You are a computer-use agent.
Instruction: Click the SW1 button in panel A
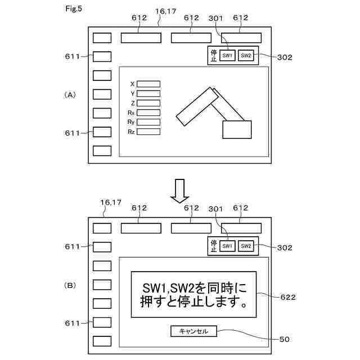click(227, 55)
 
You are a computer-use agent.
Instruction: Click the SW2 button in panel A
click(246, 55)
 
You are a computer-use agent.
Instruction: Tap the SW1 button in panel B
click(227, 246)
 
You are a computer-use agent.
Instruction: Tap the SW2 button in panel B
click(246, 246)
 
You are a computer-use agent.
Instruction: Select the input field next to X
click(148, 84)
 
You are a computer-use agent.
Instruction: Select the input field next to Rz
click(148, 132)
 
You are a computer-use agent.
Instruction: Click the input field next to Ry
click(148, 122)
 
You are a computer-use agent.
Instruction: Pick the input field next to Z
click(148, 103)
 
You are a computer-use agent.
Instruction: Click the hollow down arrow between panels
click(181, 191)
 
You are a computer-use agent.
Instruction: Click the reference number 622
click(287, 296)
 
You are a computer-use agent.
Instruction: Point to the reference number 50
click(285, 339)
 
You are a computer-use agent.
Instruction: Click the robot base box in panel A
click(237, 129)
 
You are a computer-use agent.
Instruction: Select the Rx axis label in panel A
click(131, 112)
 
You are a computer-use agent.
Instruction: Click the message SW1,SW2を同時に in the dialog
click(193, 287)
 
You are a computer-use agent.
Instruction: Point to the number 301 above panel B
click(215, 208)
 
